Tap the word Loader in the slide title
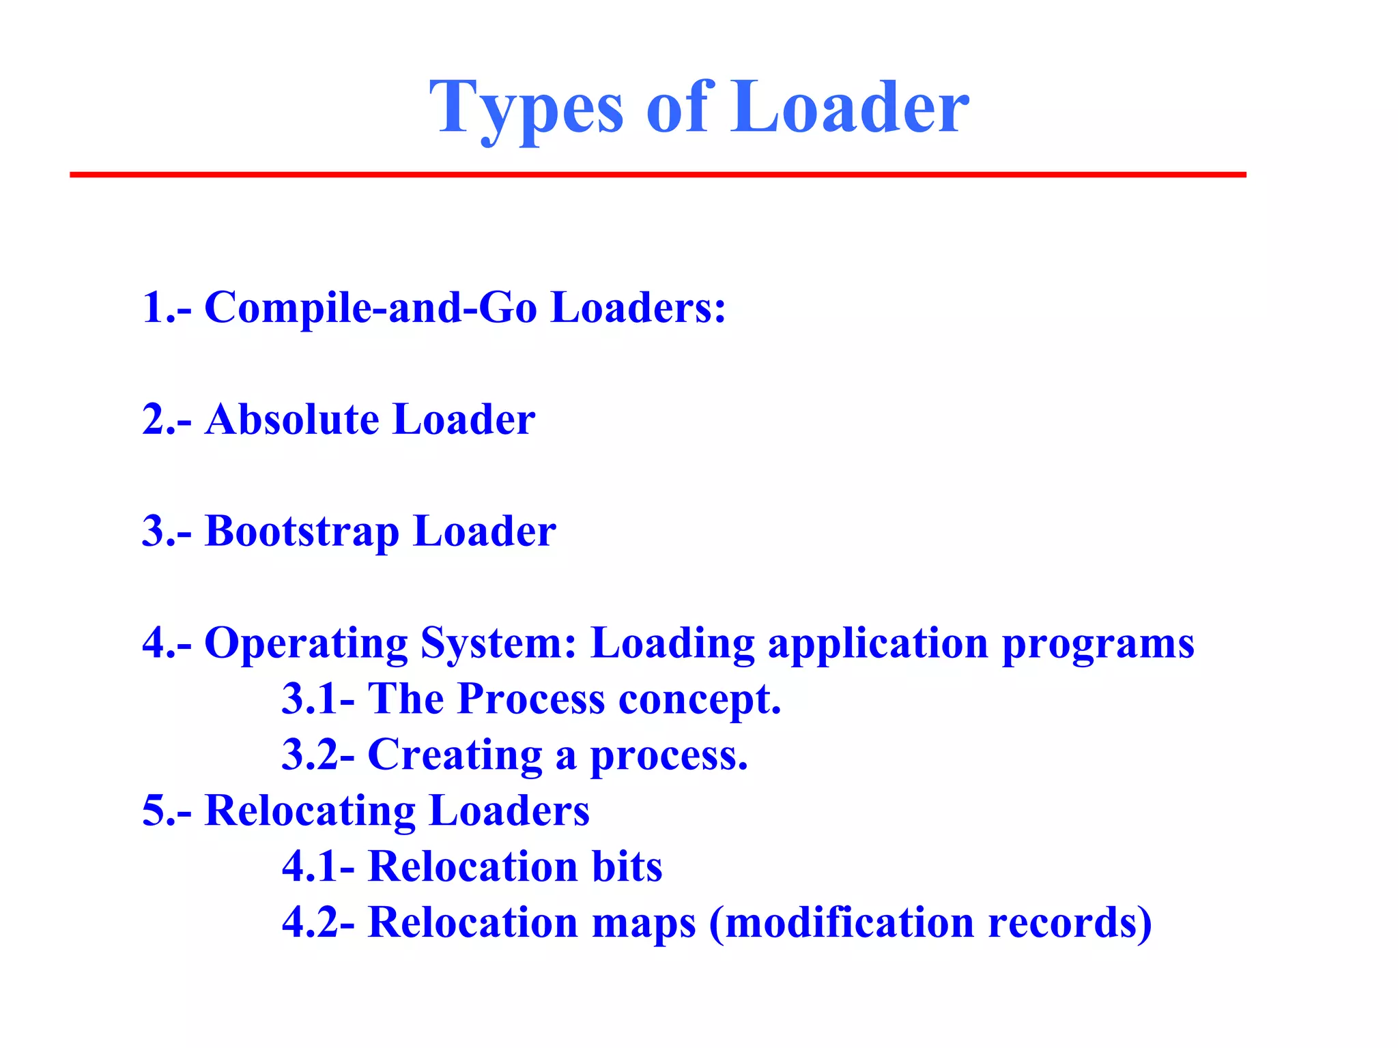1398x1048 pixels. pyautogui.click(x=850, y=108)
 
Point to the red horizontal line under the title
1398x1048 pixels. pyautogui.click(x=657, y=175)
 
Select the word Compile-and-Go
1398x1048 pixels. pyautogui.click(x=371, y=307)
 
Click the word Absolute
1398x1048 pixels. pyautogui.click(x=291, y=419)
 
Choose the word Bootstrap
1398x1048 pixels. pyautogui.click(x=302, y=531)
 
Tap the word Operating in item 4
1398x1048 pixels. pyautogui.click(x=305, y=643)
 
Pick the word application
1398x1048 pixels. pyautogui.click(x=878, y=643)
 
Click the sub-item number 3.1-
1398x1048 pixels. pyautogui.click(x=318, y=699)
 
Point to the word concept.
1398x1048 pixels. pyautogui.click(x=700, y=700)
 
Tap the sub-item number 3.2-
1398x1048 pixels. pyautogui.click(x=318, y=755)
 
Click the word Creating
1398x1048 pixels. pyautogui.click(x=455, y=756)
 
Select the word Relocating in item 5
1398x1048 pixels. pyautogui.click(x=310, y=811)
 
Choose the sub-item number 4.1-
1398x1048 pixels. pyautogui.click(x=318, y=867)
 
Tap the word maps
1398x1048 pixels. pyautogui.click(x=644, y=923)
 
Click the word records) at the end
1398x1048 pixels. pyautogui.click(x=1070, y=922)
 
